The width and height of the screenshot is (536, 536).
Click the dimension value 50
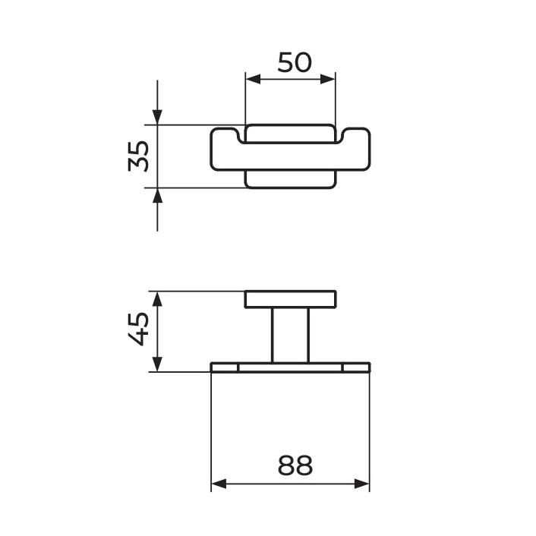click(294, 61)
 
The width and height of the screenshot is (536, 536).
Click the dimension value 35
click(138, 156)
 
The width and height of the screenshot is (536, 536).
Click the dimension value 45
click(138, 331)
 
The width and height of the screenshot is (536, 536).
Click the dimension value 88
click(294, 465)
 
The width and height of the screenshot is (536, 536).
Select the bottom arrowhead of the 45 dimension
click(157, 365)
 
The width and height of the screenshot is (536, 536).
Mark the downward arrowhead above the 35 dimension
click(157, 118)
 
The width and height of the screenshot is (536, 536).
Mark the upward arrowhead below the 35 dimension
click(157, 195)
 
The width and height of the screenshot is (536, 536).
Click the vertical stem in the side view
click(290, 336)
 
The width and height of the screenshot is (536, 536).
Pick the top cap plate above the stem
click(290, 299)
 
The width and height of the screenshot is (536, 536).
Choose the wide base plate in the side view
click(290, 367)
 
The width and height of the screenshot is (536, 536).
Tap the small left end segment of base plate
click(225, 367)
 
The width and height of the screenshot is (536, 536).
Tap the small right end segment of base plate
click(356, 367)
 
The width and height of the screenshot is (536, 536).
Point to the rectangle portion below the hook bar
click(290, 180)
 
